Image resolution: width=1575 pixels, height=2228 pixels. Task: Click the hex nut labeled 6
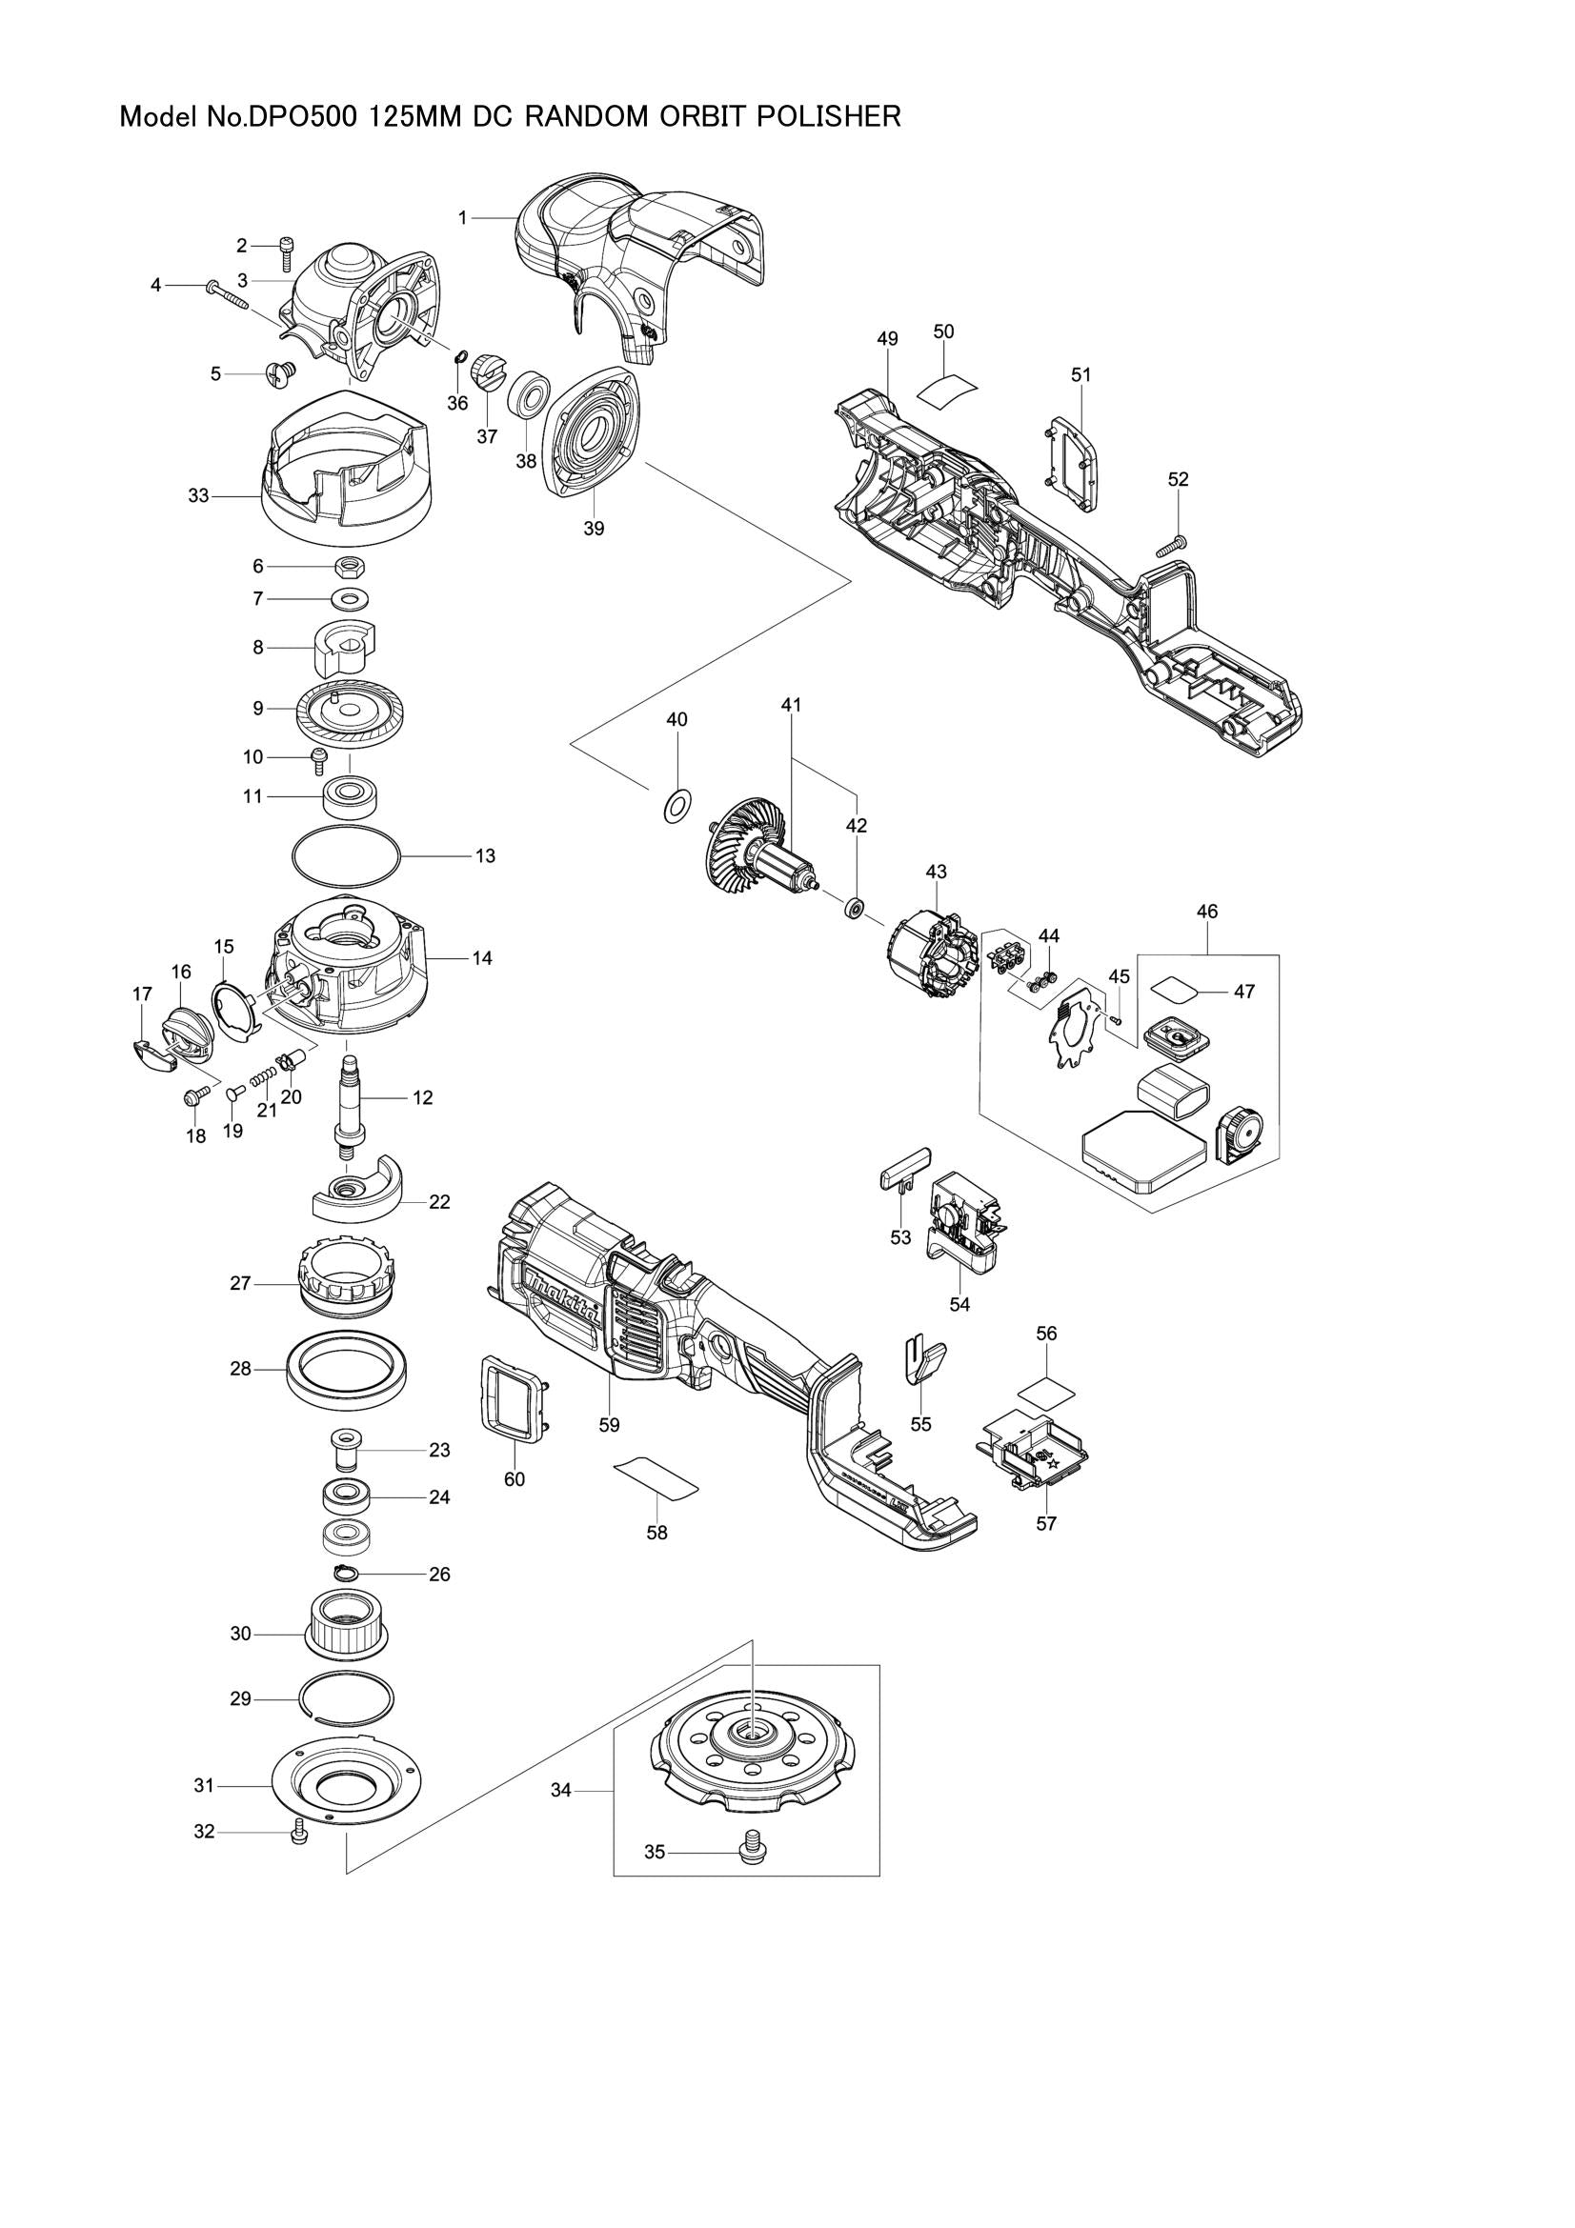coord(349,566)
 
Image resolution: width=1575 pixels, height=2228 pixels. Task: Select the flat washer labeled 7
coord(349,599)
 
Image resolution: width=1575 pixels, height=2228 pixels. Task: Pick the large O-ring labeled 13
coord(347,854)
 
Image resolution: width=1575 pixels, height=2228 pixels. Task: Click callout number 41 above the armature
coord(791,706)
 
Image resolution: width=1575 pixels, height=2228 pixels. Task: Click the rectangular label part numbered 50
coord(945,391)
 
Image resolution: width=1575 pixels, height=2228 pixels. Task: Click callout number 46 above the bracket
coord(1207,912)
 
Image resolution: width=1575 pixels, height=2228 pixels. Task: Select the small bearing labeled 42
coord(855,909)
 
